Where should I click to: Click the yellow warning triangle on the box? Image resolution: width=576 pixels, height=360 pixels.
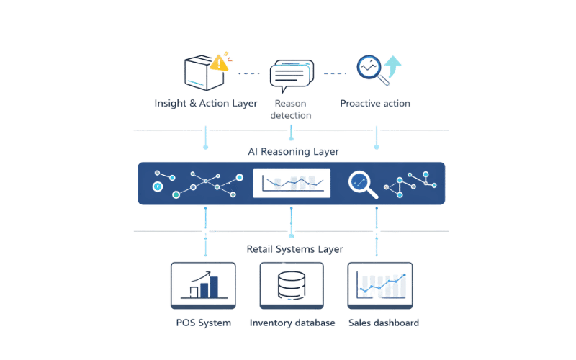[x=221, y=62]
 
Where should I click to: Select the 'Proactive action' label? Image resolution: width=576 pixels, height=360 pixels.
[x=375, y=102]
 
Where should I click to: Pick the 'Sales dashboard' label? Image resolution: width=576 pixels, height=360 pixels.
[x=382, y=323]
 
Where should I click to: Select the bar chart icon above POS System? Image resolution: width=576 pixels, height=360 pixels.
[x=202, y=285]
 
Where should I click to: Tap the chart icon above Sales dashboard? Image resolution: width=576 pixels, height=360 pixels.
[x=382, y=285]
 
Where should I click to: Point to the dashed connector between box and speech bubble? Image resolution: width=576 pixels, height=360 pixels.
[x=247, y=73]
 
